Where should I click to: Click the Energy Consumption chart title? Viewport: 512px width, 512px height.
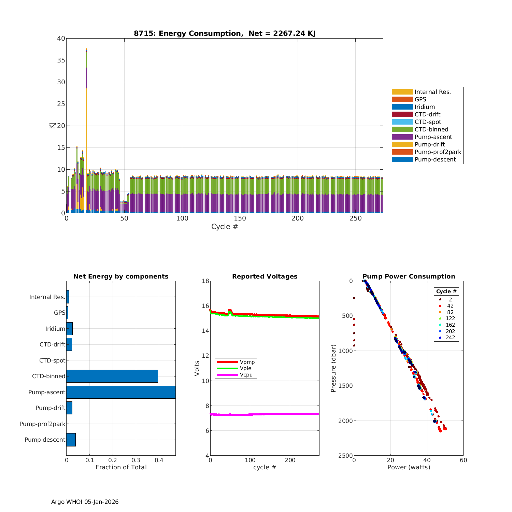(224, 33)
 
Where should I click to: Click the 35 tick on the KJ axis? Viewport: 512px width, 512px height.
(61, 60)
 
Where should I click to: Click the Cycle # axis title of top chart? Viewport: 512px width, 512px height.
(224, 227)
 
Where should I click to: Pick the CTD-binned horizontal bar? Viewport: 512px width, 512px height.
(112, 376)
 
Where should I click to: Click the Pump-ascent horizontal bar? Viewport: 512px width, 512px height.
(121, 392)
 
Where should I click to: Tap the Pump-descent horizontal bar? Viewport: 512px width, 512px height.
(71, 440)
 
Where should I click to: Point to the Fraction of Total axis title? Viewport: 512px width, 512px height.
(121, 467)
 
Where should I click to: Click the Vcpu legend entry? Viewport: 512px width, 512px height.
(246, 375)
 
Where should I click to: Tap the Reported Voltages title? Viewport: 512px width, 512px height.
(265, 276)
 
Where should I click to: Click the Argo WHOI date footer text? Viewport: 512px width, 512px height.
(85, 502)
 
